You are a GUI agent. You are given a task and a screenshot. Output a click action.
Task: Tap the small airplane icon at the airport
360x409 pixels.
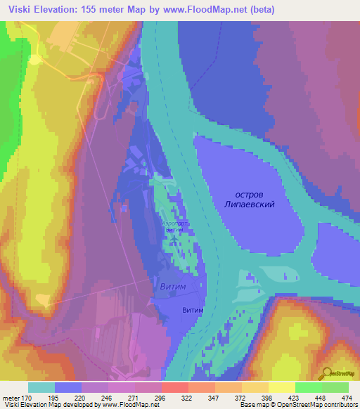[x=173, y=240]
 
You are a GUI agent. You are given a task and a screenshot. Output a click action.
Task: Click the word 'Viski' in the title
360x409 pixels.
[x=20, y=10]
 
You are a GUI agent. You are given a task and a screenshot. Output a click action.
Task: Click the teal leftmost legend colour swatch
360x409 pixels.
[x=41, y=387]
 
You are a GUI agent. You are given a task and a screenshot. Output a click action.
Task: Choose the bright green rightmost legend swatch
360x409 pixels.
[x=335, y=387]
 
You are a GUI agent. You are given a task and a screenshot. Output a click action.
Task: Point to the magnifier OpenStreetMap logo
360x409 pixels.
[x=328, y=373]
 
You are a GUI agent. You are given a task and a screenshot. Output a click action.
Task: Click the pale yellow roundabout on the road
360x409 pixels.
[x=34, y=59]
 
